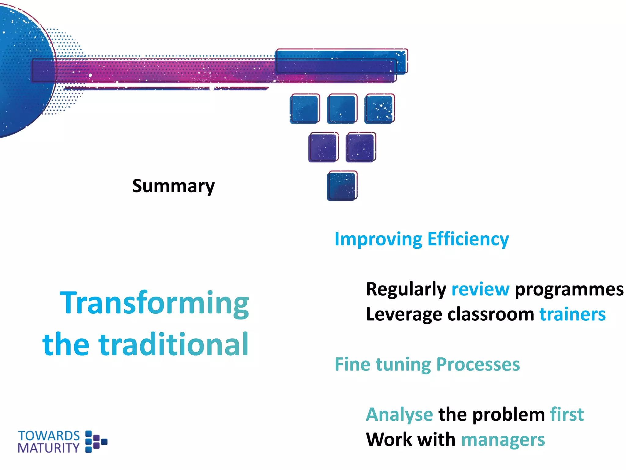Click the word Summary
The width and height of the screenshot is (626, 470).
pyautogui.click(x=173, y=186)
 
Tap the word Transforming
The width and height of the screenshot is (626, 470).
pyautogui.click(x=154, y=303)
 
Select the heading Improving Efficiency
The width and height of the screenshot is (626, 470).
pyautogui.click(x=422, y=239)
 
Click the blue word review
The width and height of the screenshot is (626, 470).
pyautogui.click(x=480, y=289)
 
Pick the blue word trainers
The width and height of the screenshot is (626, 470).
pyautogui.click(x=572, y=314)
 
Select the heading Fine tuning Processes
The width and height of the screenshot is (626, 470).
pyautogui.click(x=427, y=364)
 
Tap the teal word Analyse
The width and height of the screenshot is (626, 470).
pyautogui.click(x=399, y=415)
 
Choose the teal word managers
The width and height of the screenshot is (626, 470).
pyautogui.click(x=503, y=440)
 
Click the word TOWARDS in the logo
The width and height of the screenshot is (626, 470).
pyautogui.click(x=49, y=435)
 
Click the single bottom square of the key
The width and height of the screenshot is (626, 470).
pyautogui.click(x=342, y=186)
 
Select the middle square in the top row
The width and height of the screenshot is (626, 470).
pyautogui.click(x=342, y=109)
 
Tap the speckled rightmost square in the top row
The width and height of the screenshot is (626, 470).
pyautogui.click(x=379, y=109)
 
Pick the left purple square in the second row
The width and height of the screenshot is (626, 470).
pyautogui.click(x=323, y=147)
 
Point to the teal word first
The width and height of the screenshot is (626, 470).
pyautogui.click(x=567, y=415)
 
